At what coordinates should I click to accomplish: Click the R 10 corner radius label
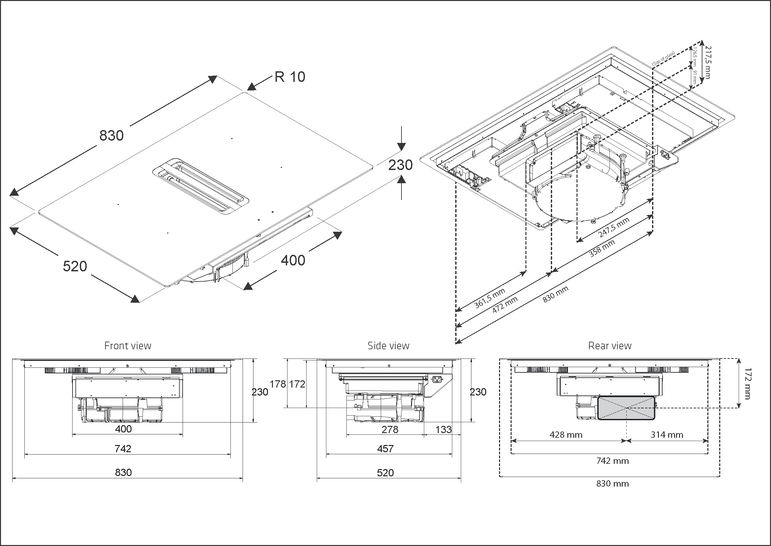[x=290, y=77]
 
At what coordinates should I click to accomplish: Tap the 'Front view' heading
[x=128, y=346]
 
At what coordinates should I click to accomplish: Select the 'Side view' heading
[x=388, y=346]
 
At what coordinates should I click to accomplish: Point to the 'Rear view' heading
[x=609, y=346]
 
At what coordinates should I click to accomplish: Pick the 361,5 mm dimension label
[x=489, y=298]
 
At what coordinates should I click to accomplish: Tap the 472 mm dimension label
[x=505, y=305]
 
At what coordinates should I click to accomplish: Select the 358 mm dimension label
[x=602, y=249]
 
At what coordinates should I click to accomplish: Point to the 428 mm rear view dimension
[x=566, y=435]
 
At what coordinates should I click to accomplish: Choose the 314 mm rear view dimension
[x=667, y=435]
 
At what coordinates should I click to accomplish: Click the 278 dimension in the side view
[x=390, y=429]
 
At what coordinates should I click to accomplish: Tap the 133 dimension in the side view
[x=443, y=429]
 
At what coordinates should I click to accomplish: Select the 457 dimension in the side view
[x=385, y=449]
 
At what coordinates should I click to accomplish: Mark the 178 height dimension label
[x=278, y=384]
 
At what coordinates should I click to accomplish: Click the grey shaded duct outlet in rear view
[x=627, y=408]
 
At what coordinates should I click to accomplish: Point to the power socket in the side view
[x=436, y=379]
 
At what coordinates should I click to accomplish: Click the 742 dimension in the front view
[x=123, y=449]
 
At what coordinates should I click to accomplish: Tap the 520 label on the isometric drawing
[x=75, y=266]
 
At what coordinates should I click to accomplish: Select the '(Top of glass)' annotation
[x=663, y=59]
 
